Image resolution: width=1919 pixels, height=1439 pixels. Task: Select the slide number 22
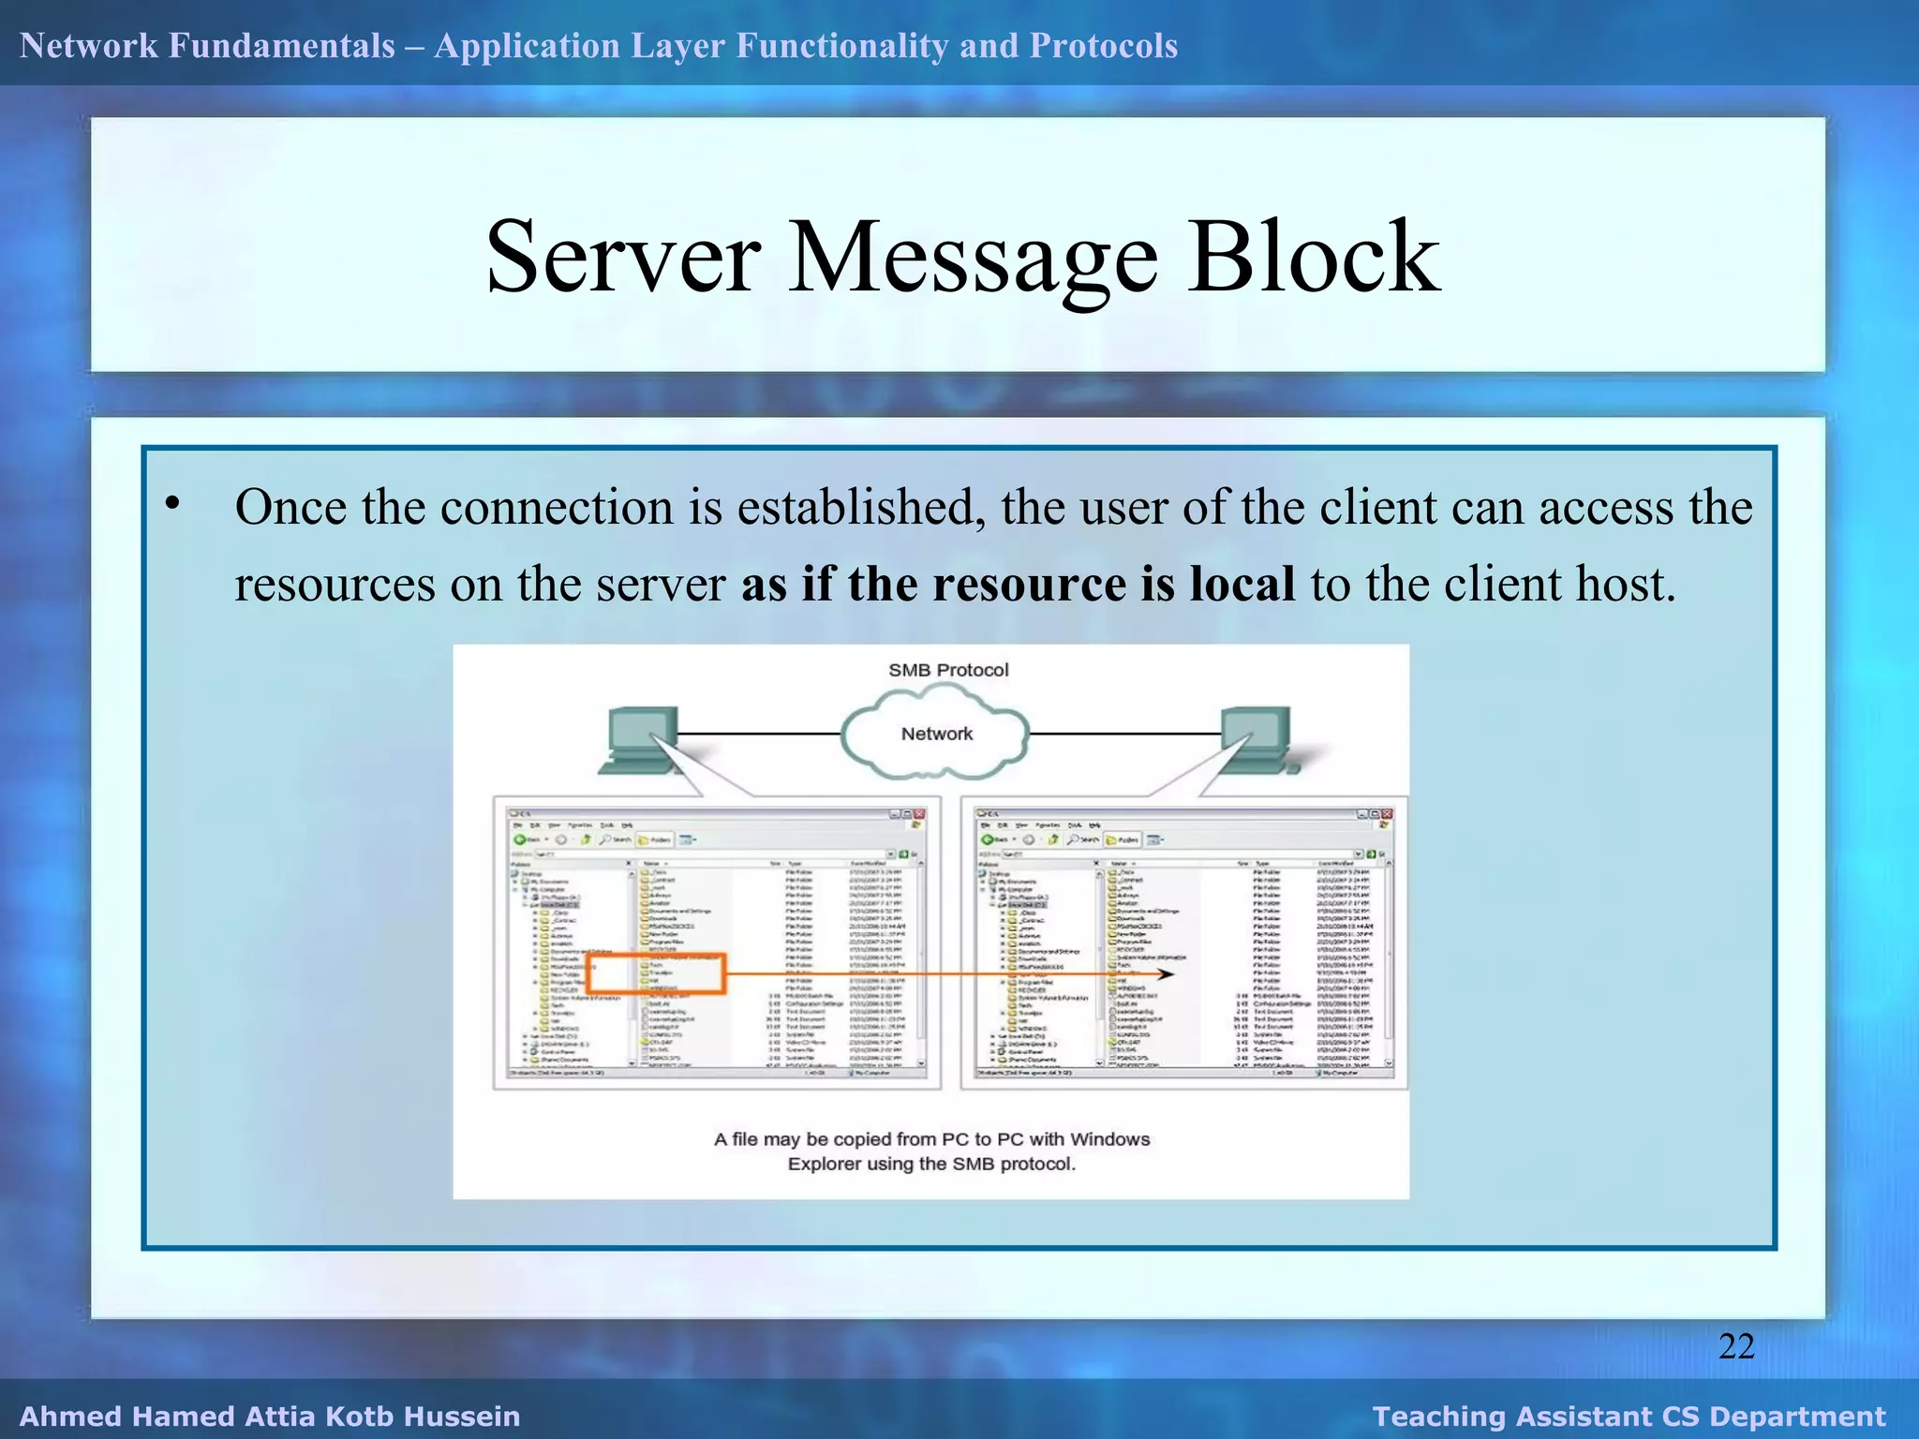point(1736,1346)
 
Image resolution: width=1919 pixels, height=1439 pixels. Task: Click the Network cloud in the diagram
point(936,734)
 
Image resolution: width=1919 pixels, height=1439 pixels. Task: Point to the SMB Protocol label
point(948,670)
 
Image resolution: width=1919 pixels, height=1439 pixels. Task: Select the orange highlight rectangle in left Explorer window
point(656,973)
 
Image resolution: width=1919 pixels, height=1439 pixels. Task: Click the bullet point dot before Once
point(172,504)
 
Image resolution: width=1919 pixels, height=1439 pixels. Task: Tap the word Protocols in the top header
point(1103,46)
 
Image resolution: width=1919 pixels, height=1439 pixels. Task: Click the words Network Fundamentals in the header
point(207,46)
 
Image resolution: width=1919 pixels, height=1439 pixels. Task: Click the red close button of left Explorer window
point(919,814)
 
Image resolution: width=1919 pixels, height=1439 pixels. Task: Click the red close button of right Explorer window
point(1387,814)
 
